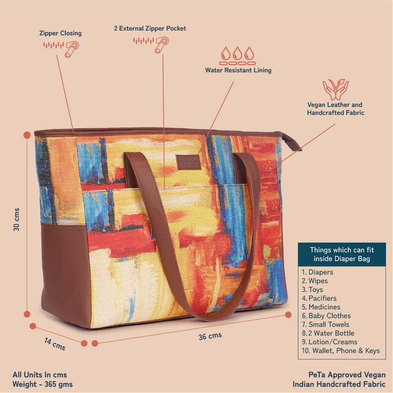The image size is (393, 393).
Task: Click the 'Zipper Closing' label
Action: click(x=60, y=33)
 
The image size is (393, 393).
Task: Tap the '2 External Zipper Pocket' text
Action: click(x=150, y=28)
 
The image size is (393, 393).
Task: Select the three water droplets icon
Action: click(x=237, y=56)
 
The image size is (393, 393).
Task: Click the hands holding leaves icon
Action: click(x=336, y=89)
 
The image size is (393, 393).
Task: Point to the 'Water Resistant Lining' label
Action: click(x=238, y=70)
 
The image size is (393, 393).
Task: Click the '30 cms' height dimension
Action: click(x=16, y=220)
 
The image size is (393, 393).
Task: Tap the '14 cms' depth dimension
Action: click(x=55, y=344)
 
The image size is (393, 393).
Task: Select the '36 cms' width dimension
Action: click(x=210, y=336)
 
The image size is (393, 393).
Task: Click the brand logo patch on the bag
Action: click(x=189, y=162)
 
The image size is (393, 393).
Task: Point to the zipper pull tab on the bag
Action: click(x=292, y=142)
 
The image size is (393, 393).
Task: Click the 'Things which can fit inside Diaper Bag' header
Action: click(x=342, y=254)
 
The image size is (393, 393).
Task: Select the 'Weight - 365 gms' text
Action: click(x=43, y=384)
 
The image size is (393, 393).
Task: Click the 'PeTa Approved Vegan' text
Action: click(x=347, y=375)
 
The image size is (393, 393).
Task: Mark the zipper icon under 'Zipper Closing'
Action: click(x=61, y=49)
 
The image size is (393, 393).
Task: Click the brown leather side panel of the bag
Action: click(x=65, y=273)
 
